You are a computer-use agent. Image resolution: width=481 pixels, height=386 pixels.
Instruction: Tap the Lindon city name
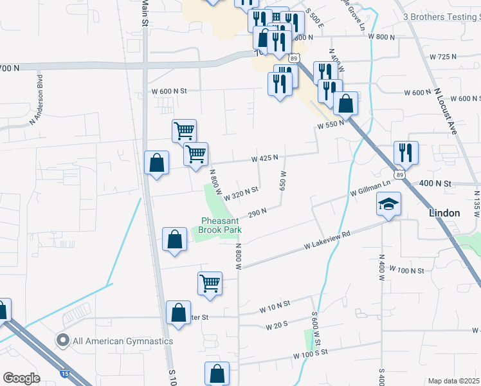click(444, 213)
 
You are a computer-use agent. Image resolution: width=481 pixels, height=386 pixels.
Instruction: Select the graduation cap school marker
click(388, 205)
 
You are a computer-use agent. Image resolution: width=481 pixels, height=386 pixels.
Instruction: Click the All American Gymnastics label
click(122, 341)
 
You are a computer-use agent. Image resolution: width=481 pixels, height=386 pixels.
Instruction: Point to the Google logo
click(21, 378)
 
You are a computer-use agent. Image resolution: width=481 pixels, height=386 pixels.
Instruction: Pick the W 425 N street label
click(264, 158)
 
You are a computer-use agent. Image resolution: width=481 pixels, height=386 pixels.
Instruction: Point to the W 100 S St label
click(311, 353)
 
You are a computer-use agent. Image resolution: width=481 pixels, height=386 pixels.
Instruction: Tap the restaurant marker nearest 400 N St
click(406, 152)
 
